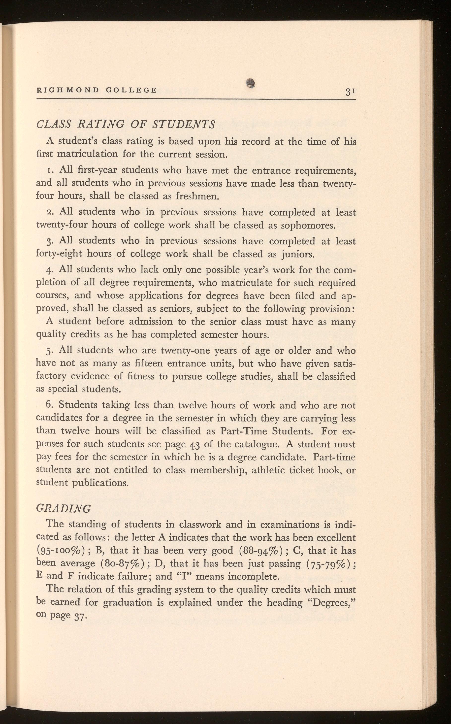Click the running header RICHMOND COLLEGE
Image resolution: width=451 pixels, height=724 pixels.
97,90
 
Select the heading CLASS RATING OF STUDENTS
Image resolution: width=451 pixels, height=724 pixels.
125,124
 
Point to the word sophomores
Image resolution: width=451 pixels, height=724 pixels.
308,225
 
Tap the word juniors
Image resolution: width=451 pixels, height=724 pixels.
297,254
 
